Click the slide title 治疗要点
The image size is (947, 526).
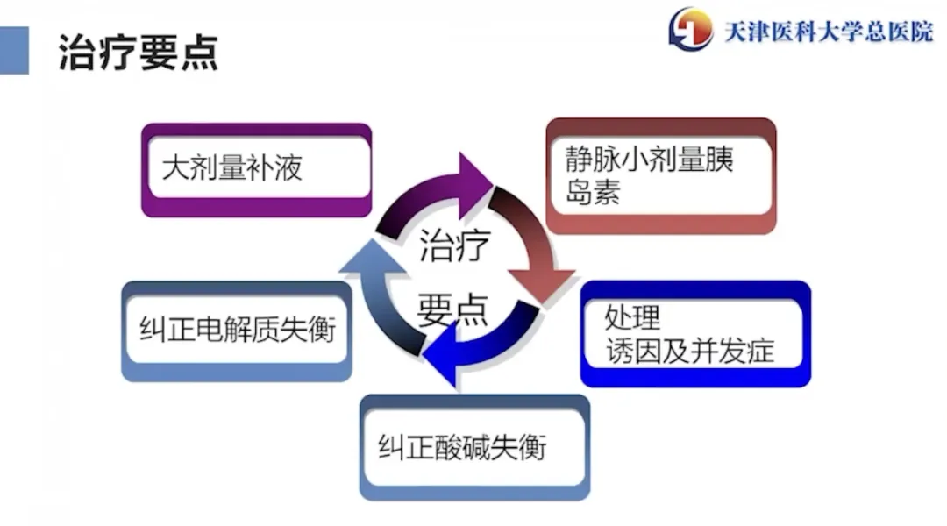pyautogui.click(x=138, y=53)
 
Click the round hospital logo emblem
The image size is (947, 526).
pyautogui.click(x=690, y=28)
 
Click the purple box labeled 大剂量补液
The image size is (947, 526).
pyautogui.click(x=256, y=170)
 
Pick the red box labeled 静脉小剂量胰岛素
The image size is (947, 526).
pyautogui.click(x=661, y=175)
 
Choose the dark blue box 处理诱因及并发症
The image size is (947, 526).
pyautogui.click(x=695, y=333)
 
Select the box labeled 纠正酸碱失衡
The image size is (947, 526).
pyautogui.click(x=474, y=447)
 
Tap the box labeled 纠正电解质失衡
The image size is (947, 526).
pyautogui.click(x=237, y=331)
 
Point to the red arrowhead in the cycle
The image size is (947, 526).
pyautogui.click(x=541, y=285)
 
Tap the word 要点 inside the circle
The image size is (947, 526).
pyautogui.click(x=452, y=309)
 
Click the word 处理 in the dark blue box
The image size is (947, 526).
pyautogui.click(x=632, y=317)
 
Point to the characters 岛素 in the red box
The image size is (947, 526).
pyautogui.click(x=593, y=193)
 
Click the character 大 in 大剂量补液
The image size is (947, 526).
pyautogui.click(x=175, y=167)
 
